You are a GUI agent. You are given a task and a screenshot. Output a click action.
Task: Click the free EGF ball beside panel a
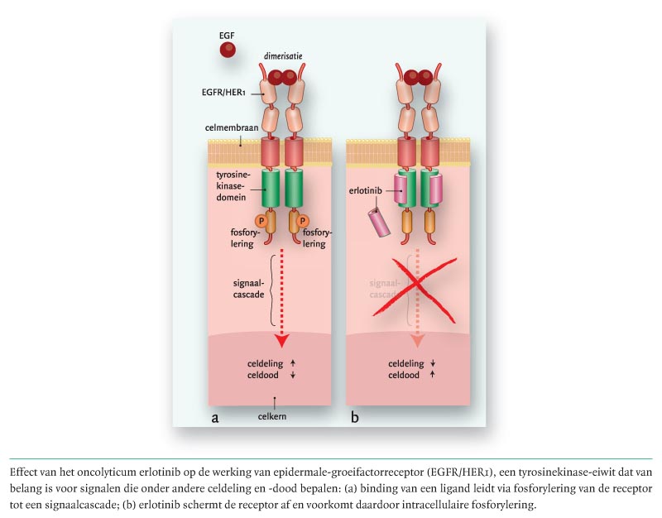click(227, 50)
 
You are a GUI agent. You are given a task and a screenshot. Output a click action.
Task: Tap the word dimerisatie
click(284, 55)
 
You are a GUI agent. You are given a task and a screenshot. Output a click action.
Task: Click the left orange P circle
click(260, 221)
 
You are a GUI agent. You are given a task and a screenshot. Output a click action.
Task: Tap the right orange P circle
click(302, 221)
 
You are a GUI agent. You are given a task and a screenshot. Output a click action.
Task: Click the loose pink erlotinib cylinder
click(381, 222)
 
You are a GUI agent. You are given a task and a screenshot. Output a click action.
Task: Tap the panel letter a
click(215, 416)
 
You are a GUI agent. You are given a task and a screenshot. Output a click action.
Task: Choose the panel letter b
click(355, 416)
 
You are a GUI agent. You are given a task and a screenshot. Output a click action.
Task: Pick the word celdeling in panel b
click(405, 363)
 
